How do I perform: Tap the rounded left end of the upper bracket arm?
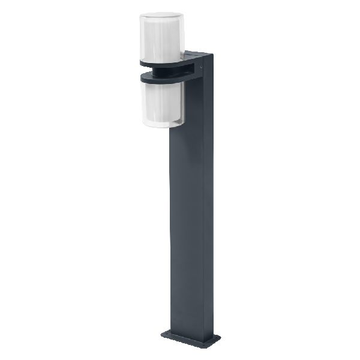coord(142,62)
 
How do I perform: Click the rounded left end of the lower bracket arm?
coord(142,77)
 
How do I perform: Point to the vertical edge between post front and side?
coord(203,210)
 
